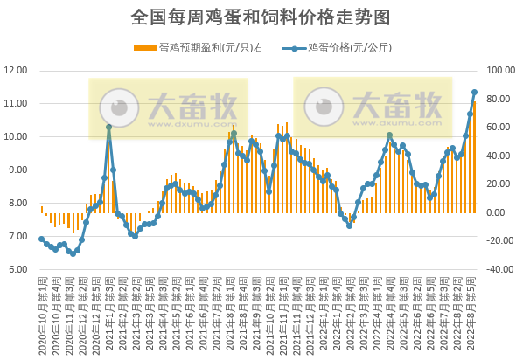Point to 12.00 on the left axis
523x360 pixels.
(x=17, y=71)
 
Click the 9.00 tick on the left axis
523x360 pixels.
(x=17, y=170)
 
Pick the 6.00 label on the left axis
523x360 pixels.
(x=17, y=269)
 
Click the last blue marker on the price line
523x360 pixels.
(x=474, y=92)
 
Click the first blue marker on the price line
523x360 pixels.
(x=41, y=239)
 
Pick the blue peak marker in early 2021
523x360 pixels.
(x=108, y=128)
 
